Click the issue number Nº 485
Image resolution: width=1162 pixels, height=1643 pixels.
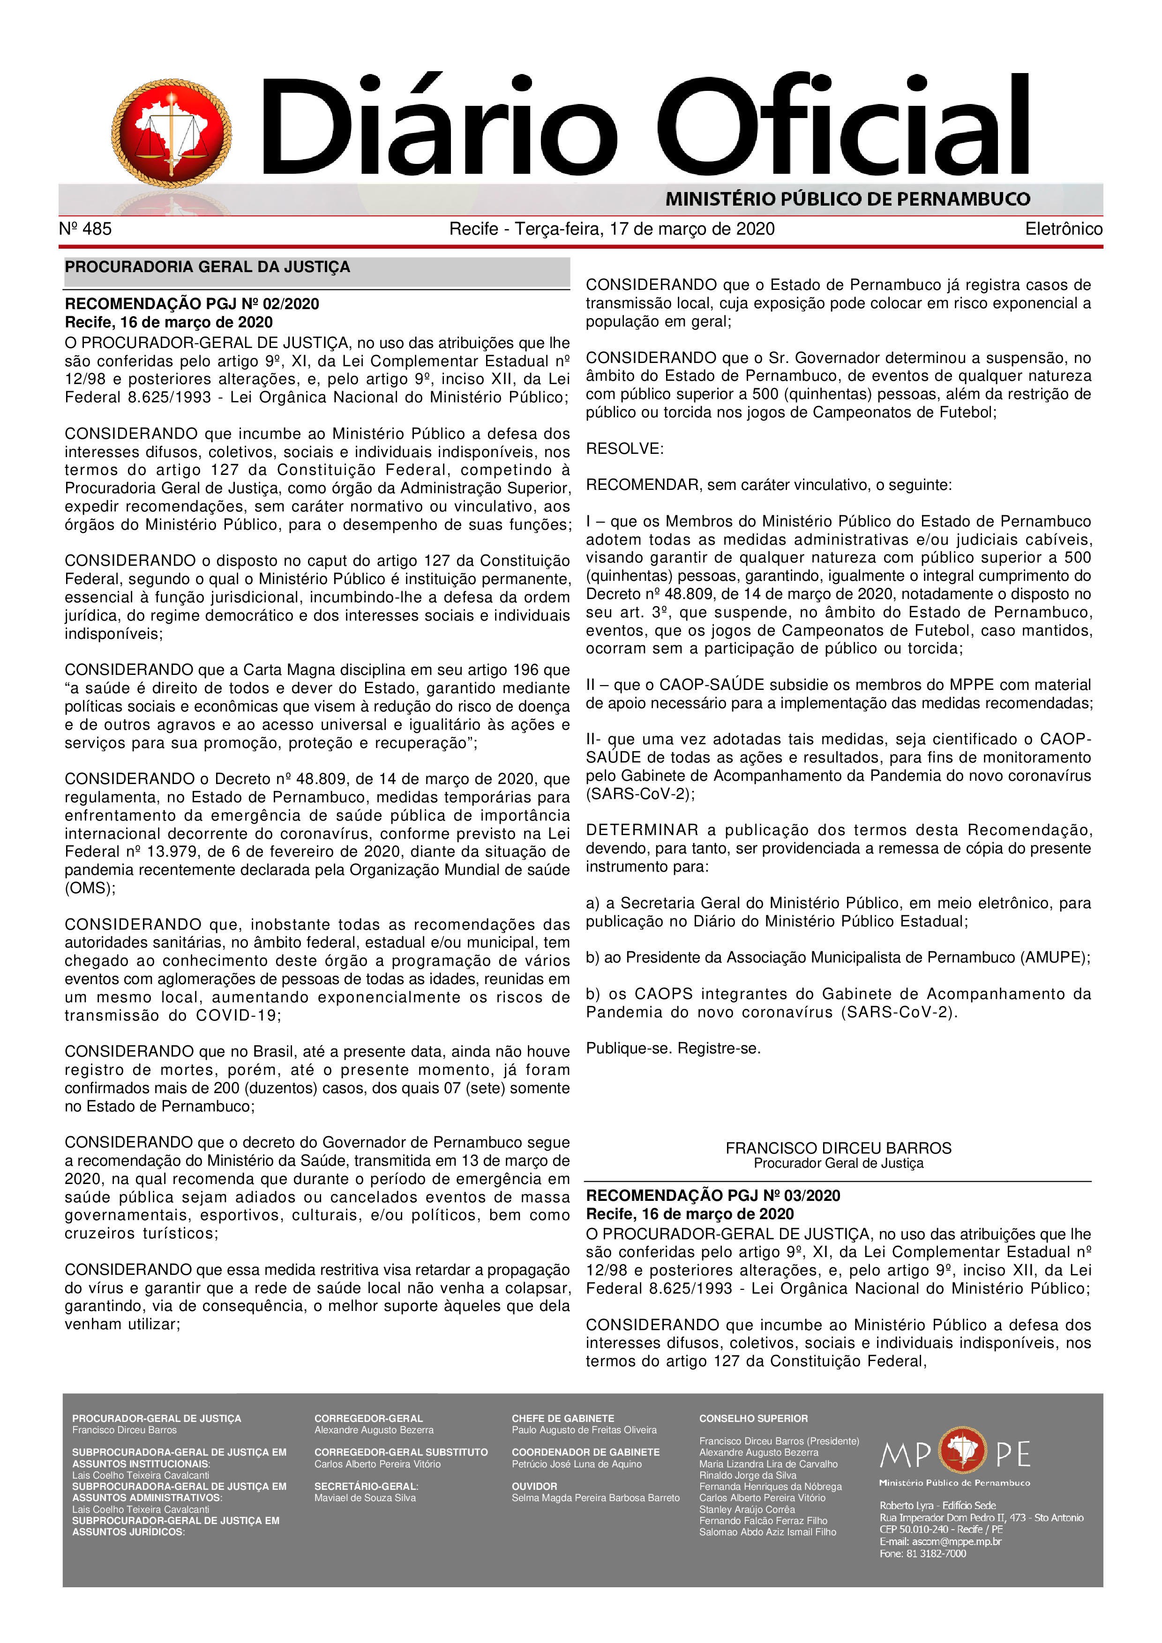coord(85,229)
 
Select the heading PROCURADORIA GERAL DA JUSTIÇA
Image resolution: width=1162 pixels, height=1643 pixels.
coord(208,267)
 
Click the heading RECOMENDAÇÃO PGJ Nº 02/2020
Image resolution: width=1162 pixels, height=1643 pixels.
coord(192,303)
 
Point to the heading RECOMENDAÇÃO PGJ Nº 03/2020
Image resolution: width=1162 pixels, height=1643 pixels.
coord(713,1195)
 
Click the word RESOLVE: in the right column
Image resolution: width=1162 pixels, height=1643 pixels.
coord(624,449)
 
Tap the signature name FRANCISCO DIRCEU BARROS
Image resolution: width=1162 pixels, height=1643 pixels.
coord(839,1148)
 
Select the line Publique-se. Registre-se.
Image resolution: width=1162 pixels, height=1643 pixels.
coord(673,1048)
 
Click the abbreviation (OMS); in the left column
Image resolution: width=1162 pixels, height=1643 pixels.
coord(90,888)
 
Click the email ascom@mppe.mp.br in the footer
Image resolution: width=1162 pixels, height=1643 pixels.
coord(957,1541)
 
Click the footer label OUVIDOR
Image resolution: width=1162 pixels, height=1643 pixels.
coord(534,1486)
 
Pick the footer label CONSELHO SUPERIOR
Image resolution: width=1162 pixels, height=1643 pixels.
coord(753,1418)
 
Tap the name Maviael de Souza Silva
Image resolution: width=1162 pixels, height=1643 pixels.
coord(365,1498)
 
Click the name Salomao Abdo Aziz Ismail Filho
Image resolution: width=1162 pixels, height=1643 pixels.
coord(767,1532)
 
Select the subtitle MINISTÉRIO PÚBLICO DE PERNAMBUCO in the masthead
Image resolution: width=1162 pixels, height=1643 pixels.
coord(847,199)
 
